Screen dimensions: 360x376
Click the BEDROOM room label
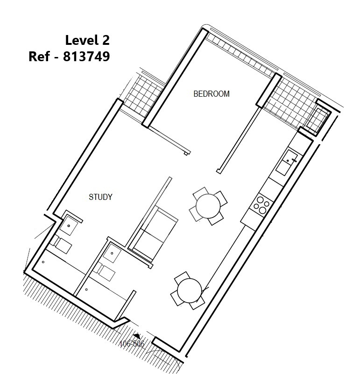tap(212, 94)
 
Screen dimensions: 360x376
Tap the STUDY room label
tap(100, 197)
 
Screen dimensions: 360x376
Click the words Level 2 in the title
tap(87, 40)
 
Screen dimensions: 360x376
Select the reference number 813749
tap(86, 57)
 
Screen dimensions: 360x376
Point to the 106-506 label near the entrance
tap(132, 344)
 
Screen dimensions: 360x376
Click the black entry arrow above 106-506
tap(137, 336)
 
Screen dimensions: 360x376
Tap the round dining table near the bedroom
tap(208, 206)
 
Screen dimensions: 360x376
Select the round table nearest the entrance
tap(190, 291)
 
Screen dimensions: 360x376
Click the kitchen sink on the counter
tap(287, 162)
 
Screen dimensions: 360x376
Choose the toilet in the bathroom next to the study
tap(61, 244)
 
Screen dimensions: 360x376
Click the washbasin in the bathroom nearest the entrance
tap(112, 253)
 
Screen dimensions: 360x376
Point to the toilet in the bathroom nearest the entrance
tap(104, 272)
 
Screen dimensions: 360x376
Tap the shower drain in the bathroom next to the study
tap(43, 262)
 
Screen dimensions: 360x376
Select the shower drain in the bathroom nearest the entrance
tap(86, 290)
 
